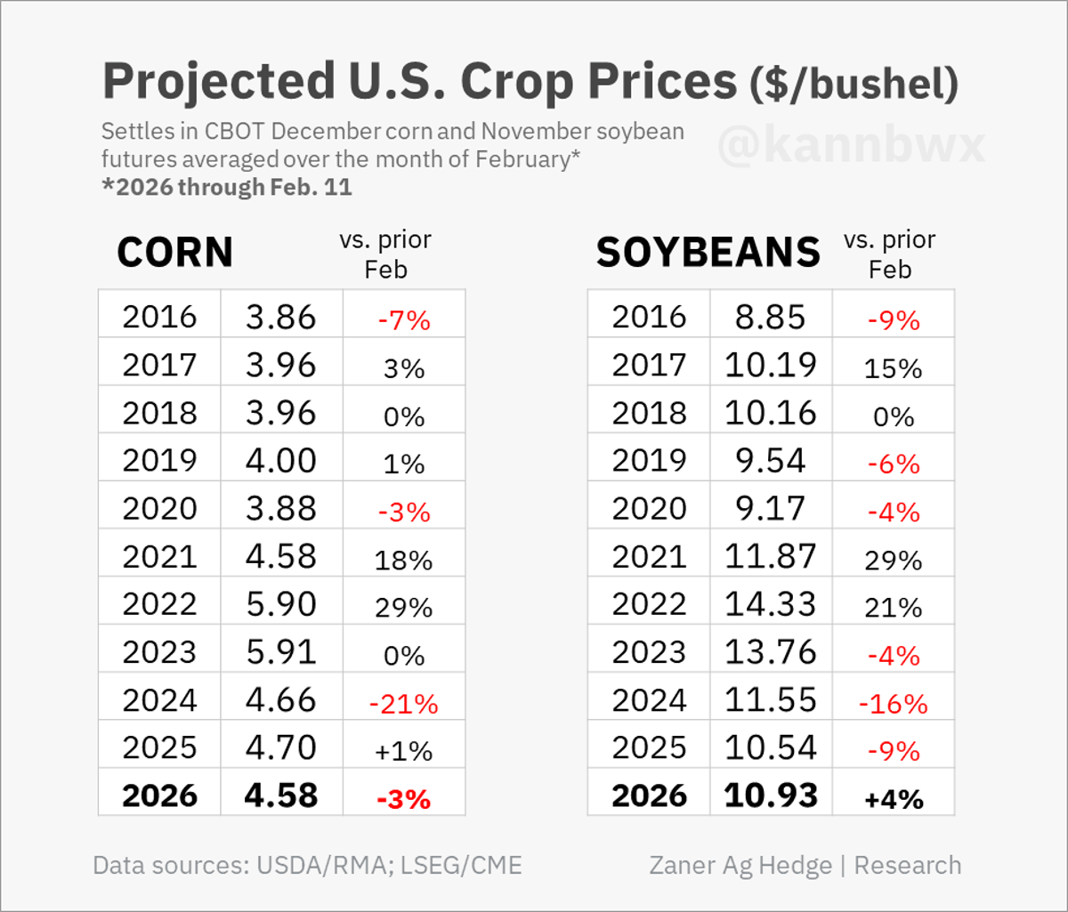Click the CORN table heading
click(175, 253)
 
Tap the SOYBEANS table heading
click(708, 253)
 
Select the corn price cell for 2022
click(281, 604)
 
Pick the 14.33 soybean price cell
click(771, 604)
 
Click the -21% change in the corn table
click(404, 705)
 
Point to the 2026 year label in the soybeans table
click(649, 795)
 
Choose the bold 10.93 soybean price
click(771, 795)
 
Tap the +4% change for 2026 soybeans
click(893, 799)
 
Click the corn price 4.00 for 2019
click(281, 460)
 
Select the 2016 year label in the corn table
click(159, 317)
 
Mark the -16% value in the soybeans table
click(893, 705)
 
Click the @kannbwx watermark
click(851, 148)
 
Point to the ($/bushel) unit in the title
click(854, 85)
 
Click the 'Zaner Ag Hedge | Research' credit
click(805, 865)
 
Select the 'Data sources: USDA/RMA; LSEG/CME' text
click(307, 865)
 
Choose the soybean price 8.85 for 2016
click(771, 317)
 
